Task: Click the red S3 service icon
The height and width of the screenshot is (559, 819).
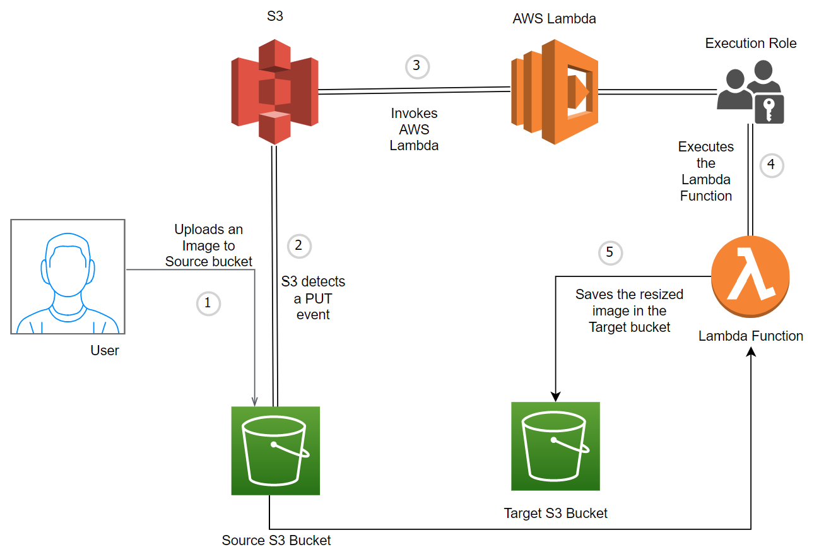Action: tap(274, 91)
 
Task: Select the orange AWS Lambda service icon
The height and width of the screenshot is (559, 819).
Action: tap(554, 92)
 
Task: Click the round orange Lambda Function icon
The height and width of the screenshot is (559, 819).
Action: tap(750, 281)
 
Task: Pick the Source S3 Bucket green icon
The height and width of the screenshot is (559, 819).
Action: tap(276, 450)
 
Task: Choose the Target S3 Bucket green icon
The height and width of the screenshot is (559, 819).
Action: tap(555, 446)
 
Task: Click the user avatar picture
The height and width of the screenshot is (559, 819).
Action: tap(68, 276)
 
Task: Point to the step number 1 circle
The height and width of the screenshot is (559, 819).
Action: tap(208, 303)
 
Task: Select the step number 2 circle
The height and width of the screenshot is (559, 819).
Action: tap(299, 245)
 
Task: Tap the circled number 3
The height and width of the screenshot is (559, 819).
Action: tap(416, 66)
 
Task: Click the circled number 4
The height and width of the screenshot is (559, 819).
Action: tap(771, 166)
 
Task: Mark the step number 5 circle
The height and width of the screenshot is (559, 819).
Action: tap(610, 252)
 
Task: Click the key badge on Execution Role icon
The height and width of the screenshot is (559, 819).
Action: tap(769, 110)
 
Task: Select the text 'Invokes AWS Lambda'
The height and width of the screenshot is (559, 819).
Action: tap(414, 129)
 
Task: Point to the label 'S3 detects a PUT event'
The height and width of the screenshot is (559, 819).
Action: tap(313, 298)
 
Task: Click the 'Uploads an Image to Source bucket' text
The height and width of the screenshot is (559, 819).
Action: tap(209, 245)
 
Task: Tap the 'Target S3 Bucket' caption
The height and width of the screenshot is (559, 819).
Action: tap(556, 513)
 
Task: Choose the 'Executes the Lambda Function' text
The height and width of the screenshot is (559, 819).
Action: tap(706, 171)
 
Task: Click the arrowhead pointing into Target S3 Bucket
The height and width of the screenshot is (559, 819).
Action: tap(556, 396)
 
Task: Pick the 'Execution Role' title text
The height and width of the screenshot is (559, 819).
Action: tap(751, 44)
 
